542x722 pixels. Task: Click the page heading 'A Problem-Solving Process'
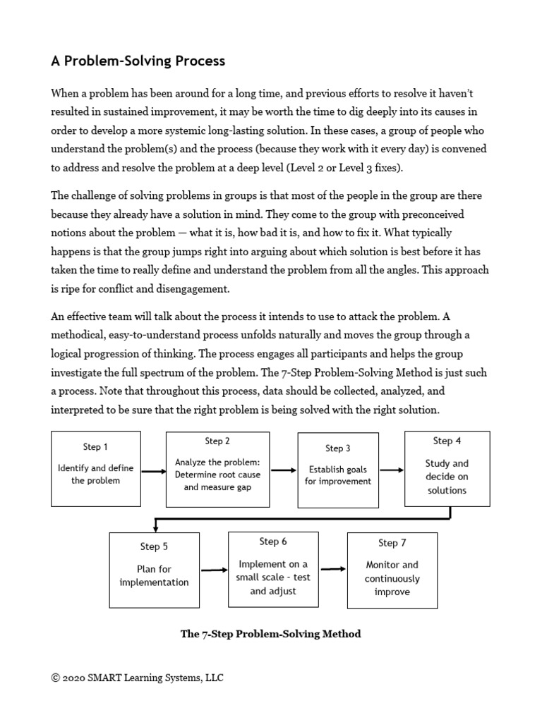coord(138,61)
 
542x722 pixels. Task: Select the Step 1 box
coord(96,469)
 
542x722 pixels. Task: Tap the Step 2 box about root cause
coord(217,469)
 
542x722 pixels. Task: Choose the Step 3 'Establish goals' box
coord(337,470)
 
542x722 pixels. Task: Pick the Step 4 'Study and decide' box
coord(447,469)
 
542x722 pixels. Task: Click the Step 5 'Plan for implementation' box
coord(154,570)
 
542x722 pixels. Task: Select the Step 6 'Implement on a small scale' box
coord(273,569)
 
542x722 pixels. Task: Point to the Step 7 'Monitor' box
coord(392,570)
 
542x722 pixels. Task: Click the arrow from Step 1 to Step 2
coord(153,471)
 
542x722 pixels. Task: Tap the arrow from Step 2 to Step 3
coord(284,470)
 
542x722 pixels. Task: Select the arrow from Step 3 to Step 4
coord(391,470)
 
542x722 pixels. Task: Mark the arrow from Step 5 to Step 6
coord(215,570)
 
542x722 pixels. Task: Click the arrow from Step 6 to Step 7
coord(333,569)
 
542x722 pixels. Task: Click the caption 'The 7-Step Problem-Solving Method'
coord(271,634)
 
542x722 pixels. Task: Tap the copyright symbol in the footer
coord(55,678)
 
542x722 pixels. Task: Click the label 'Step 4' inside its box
coord(447,441)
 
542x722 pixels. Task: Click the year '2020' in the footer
coord(73,678)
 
